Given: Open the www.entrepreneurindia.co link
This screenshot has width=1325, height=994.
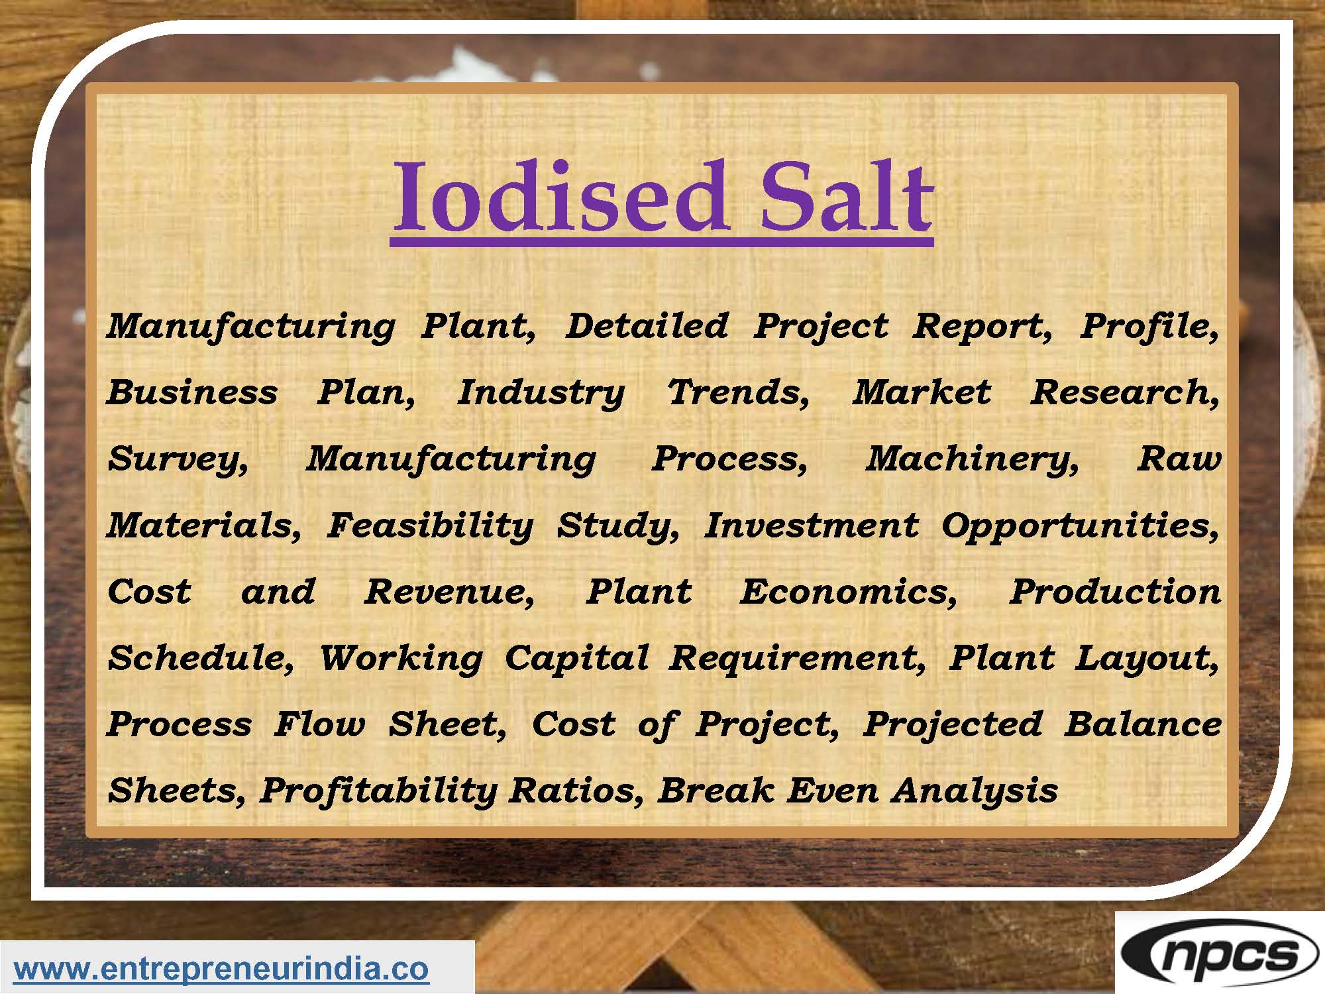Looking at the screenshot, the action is (221, 969).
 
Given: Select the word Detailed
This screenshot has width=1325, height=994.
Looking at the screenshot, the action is (647, 325).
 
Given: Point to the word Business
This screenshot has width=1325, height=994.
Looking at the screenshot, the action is (192, 392).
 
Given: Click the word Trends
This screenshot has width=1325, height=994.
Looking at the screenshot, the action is (738, 392).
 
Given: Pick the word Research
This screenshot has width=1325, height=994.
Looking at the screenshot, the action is (1125, 392).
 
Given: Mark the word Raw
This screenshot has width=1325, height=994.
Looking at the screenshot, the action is (1179, 459).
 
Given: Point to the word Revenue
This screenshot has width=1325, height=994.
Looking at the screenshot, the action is (449, 592).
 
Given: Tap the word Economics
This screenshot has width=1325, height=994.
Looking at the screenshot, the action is (849, 592).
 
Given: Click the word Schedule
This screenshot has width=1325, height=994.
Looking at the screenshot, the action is (201, 658).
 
